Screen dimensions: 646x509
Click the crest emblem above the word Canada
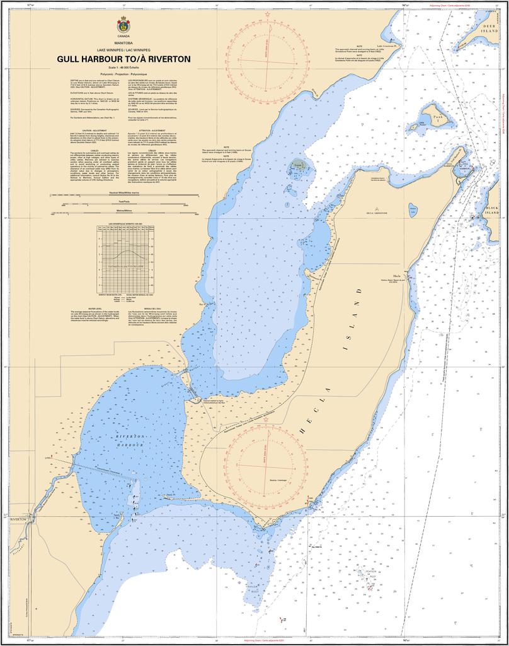click(x=123, y=26)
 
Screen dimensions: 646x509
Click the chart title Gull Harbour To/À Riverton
click(x=123, y=59)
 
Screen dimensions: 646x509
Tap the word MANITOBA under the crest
click(x=123, y=43)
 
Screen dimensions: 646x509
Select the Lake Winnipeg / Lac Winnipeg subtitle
click(x=123, y=49)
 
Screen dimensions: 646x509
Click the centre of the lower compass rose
click(x=265, y=464)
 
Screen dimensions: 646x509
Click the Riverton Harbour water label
click(x=130, y=441)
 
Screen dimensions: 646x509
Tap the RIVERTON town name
click(x=18, y=519)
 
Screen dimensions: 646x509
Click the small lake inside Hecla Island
click(x=413, y=209)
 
